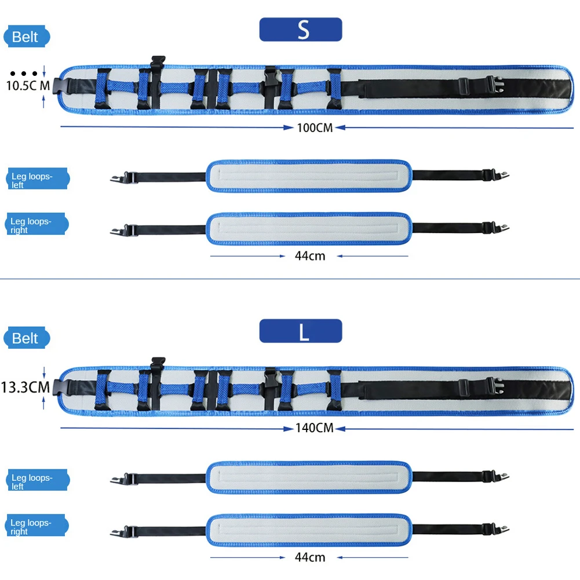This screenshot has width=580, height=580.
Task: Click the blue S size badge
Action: [x=300, y=29]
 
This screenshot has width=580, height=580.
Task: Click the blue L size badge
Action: [x=300, y=331]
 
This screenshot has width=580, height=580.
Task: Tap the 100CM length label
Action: [x=315, y=128]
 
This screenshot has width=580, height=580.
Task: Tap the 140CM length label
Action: [x=315, y=428]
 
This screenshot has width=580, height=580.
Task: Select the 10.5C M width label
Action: [x=28, y=86]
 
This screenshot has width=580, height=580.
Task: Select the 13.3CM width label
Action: [x=25, y=387]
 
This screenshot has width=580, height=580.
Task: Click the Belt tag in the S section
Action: [x=27, y=37]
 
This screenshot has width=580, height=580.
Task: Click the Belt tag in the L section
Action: [x=27, y=338]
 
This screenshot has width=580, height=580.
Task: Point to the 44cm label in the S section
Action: [x=310, y=256]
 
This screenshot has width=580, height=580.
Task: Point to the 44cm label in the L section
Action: [x=310, y=557]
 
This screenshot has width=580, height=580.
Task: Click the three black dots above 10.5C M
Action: [x=24, y=74]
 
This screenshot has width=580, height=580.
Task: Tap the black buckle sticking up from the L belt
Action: [x=158, y=364]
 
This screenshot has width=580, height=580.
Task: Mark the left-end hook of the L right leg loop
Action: [x=117, y=532]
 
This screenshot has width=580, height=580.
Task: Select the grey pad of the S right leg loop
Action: [x=309, y=229]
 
